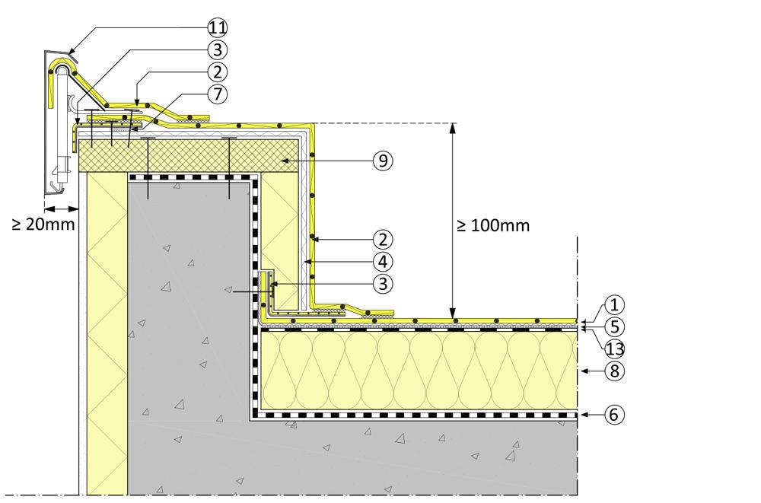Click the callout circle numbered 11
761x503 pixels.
(x=217, y=28)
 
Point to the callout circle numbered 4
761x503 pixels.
(x=383, y=261)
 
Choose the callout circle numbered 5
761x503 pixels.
(x=616, y=326)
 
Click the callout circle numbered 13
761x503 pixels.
(x=616, y=348)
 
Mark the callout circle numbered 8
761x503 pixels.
(x=616, y=371)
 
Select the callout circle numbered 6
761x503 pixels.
(x=616, y=415)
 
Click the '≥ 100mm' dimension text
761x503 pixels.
(x=493, y=225)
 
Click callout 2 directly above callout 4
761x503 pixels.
(x=383, y=238)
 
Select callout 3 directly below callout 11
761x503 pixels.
(x=217, y=50)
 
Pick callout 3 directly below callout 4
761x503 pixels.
(x=383, y=284)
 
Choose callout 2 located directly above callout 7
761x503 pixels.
(x=217, y=72)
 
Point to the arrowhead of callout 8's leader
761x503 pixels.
(x=582, y=371)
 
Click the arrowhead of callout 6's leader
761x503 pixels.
(x=582, y=415)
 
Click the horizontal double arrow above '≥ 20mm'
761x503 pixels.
(x=61, y=208)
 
